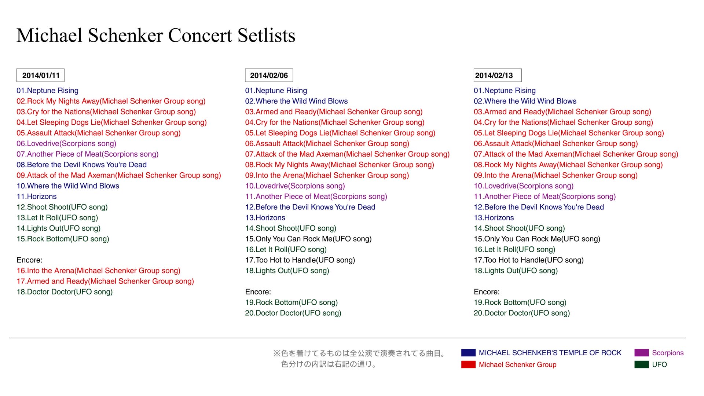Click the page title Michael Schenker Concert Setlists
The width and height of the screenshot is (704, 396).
pos(156,36)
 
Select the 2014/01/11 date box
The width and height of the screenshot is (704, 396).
pos(40,75)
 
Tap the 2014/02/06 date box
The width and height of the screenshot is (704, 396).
pos(269,75)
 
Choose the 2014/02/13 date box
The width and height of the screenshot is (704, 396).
pos(498,75)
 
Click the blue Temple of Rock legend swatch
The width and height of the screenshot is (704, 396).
pos(468,353)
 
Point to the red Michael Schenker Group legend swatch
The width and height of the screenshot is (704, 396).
pos(468,364)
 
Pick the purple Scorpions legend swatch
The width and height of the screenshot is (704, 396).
pos(642,353)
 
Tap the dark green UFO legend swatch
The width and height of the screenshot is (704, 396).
pos(642,364)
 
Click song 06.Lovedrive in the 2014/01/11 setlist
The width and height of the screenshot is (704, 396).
pos(66,144)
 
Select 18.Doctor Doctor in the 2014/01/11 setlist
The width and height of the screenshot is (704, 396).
pos(65,292)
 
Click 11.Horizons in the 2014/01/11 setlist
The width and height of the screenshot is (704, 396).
pos(37,197)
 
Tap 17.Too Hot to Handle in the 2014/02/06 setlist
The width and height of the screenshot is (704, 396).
pos(300,260)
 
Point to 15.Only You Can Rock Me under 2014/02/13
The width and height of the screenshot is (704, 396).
pos(537,239)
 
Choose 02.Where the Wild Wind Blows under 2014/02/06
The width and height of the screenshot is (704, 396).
pos(296,101)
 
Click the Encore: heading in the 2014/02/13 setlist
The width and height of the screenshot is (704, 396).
pos(487,292)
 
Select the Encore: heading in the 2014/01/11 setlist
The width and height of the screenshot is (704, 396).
pos(29,260)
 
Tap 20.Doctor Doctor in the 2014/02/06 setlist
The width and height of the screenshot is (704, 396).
pos(293,313)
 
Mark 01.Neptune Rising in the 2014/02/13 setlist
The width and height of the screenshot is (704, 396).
pos(505,91)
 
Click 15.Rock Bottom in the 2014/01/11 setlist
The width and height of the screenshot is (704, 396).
pos(63,239)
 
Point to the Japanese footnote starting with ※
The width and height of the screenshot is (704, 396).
pos(360,359)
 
